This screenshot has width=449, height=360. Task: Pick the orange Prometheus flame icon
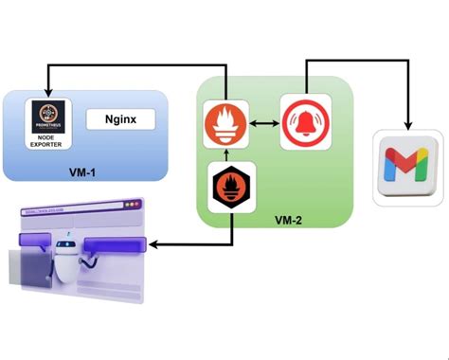[x=226, y=123]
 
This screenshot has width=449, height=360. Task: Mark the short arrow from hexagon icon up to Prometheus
[x=226, y=154]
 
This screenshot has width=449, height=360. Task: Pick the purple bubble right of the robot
[x=113, y=246]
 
